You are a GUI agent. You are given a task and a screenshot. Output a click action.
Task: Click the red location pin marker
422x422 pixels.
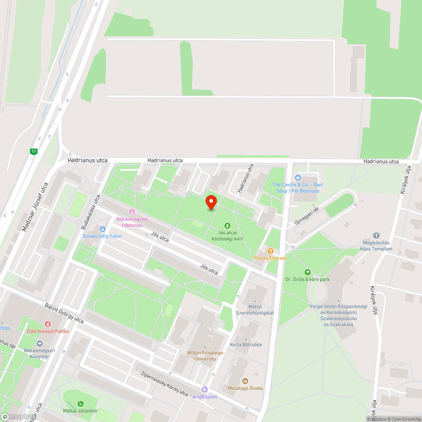click(x=211, y=203)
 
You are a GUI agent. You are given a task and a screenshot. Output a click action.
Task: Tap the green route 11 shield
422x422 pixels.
click(x=33, y=151)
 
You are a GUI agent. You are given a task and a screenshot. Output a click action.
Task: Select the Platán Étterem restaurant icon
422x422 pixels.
click(x=271, y=251)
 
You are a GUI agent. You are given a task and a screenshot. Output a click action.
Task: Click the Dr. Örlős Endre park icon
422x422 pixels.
click(x=307, y=272)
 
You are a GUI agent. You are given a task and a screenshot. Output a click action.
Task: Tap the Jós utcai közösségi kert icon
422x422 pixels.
click(x=227, y=226)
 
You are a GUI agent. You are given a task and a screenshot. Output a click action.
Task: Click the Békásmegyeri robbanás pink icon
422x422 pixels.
click(x=132, y=212)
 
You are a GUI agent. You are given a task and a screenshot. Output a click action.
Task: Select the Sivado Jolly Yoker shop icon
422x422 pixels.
click(x=102, y=229)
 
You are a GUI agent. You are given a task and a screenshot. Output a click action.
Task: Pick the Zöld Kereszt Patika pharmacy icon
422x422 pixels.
click(x=47, y=324)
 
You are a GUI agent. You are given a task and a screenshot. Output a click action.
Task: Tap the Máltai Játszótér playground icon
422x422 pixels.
click(x=80, y=404)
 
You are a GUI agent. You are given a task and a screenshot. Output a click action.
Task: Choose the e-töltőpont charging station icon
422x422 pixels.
click(x=205, y=390)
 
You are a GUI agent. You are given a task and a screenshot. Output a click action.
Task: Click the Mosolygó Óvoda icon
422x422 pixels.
click(x=245, y=381)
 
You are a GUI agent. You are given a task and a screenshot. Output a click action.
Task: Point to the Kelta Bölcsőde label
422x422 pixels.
click(x=246, y=344)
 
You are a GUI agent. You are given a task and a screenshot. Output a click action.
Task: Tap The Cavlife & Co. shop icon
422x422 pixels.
click(x=298, y=178)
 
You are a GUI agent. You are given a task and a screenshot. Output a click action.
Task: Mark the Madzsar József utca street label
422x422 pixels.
click(x=35, y=207)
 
